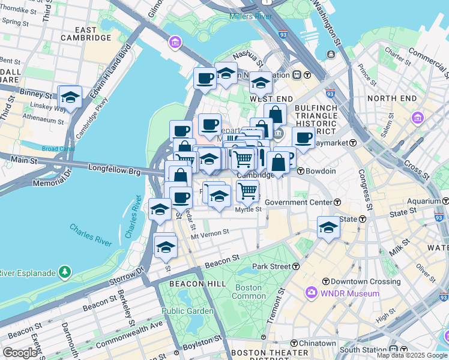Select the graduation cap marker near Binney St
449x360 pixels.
click(70, 98)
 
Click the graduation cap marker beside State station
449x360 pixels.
click(328, 228)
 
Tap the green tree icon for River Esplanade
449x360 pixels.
click(64, 273)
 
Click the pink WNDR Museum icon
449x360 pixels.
click(311, 293)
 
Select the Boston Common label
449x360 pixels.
click(249, 292)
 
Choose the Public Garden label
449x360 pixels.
click(187, 311)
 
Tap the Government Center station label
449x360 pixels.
click(298, 202)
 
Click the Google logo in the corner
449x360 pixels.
click(20, 352)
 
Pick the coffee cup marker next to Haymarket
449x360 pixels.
click(304, 137)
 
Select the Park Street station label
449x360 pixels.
click(271, 266)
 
